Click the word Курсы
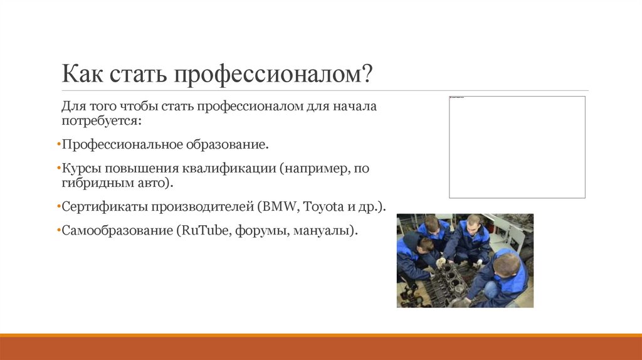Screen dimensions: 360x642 82,169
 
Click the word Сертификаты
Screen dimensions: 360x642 99,206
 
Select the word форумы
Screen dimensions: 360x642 261,230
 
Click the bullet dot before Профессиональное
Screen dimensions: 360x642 58,146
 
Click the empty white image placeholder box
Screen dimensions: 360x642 517,147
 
